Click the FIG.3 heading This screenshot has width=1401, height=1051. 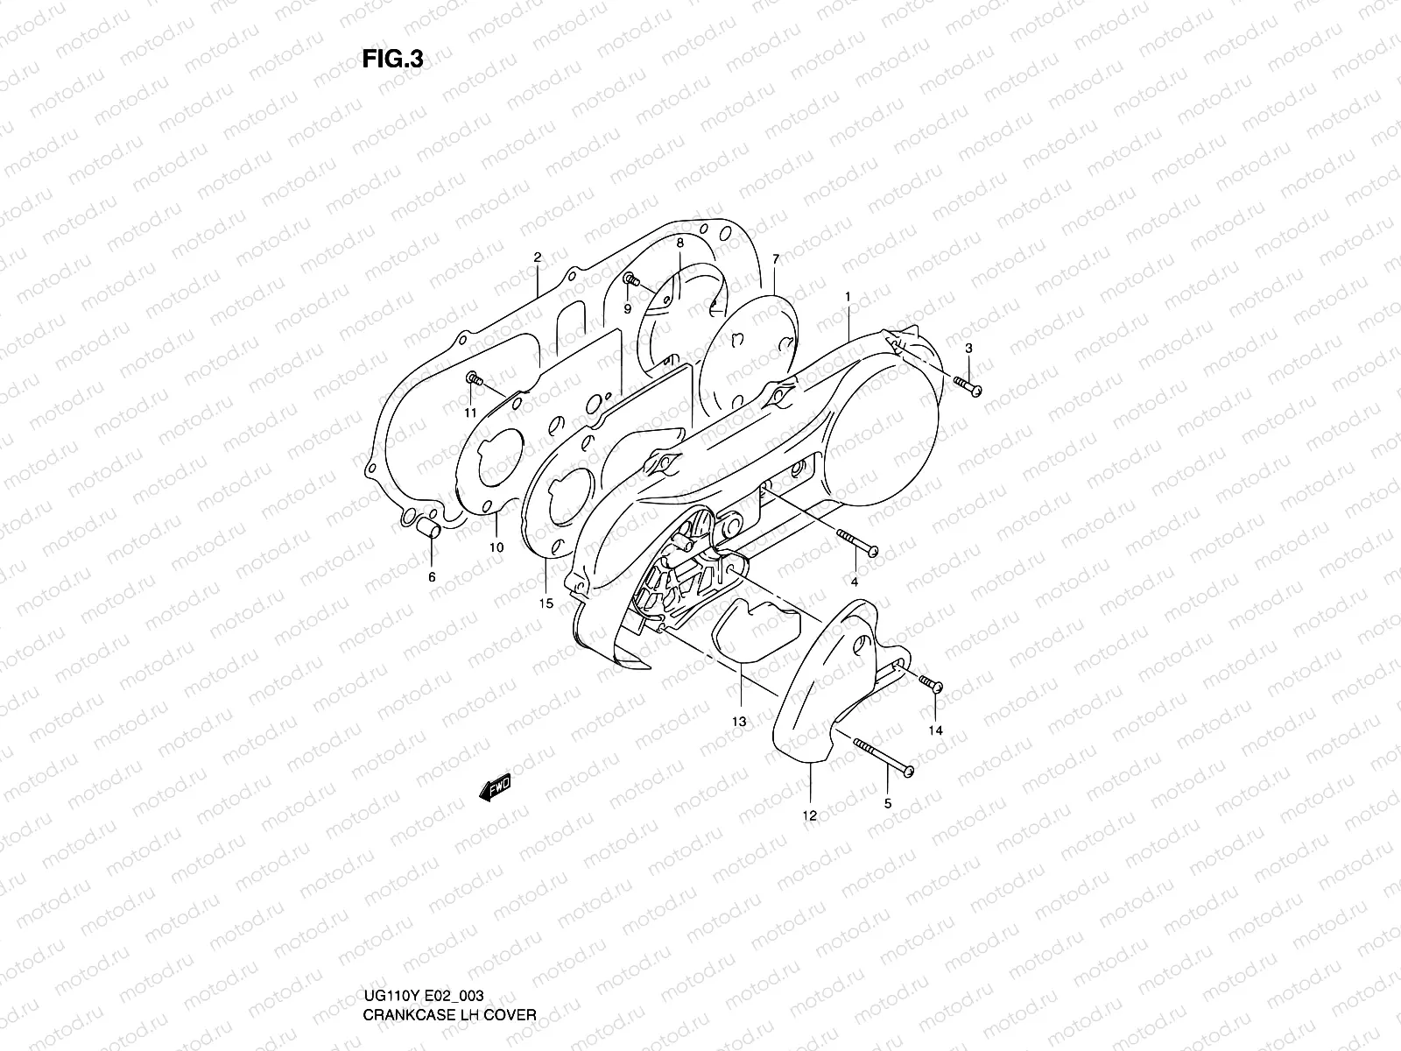point(392,59)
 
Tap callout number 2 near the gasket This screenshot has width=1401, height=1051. point(538,257)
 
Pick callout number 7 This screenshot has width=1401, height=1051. point(775,259)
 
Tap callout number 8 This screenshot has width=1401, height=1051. point(679,241)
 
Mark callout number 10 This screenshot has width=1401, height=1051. point(496,547)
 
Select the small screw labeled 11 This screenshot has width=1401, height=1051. point(475,379)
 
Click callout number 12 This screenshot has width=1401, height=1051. point(809,815)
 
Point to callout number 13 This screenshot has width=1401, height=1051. point(740,722)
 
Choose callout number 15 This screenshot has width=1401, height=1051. point(546,603)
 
